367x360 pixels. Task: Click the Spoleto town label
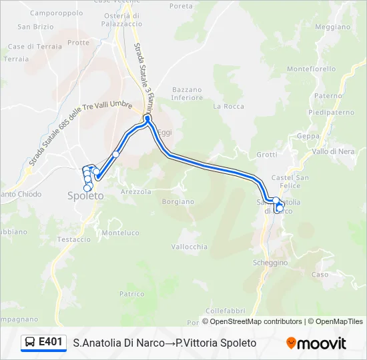point(85,196)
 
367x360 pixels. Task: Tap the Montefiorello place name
point(311,69)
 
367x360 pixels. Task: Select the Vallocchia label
point(190,247)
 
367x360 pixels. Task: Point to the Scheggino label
point(270,263)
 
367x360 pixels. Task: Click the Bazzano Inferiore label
point(187,93)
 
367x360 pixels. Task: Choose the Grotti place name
point(266,155)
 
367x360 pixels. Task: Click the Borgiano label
point(177,201)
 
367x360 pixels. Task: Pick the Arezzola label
point(136,191)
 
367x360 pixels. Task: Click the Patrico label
point(131,293)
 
